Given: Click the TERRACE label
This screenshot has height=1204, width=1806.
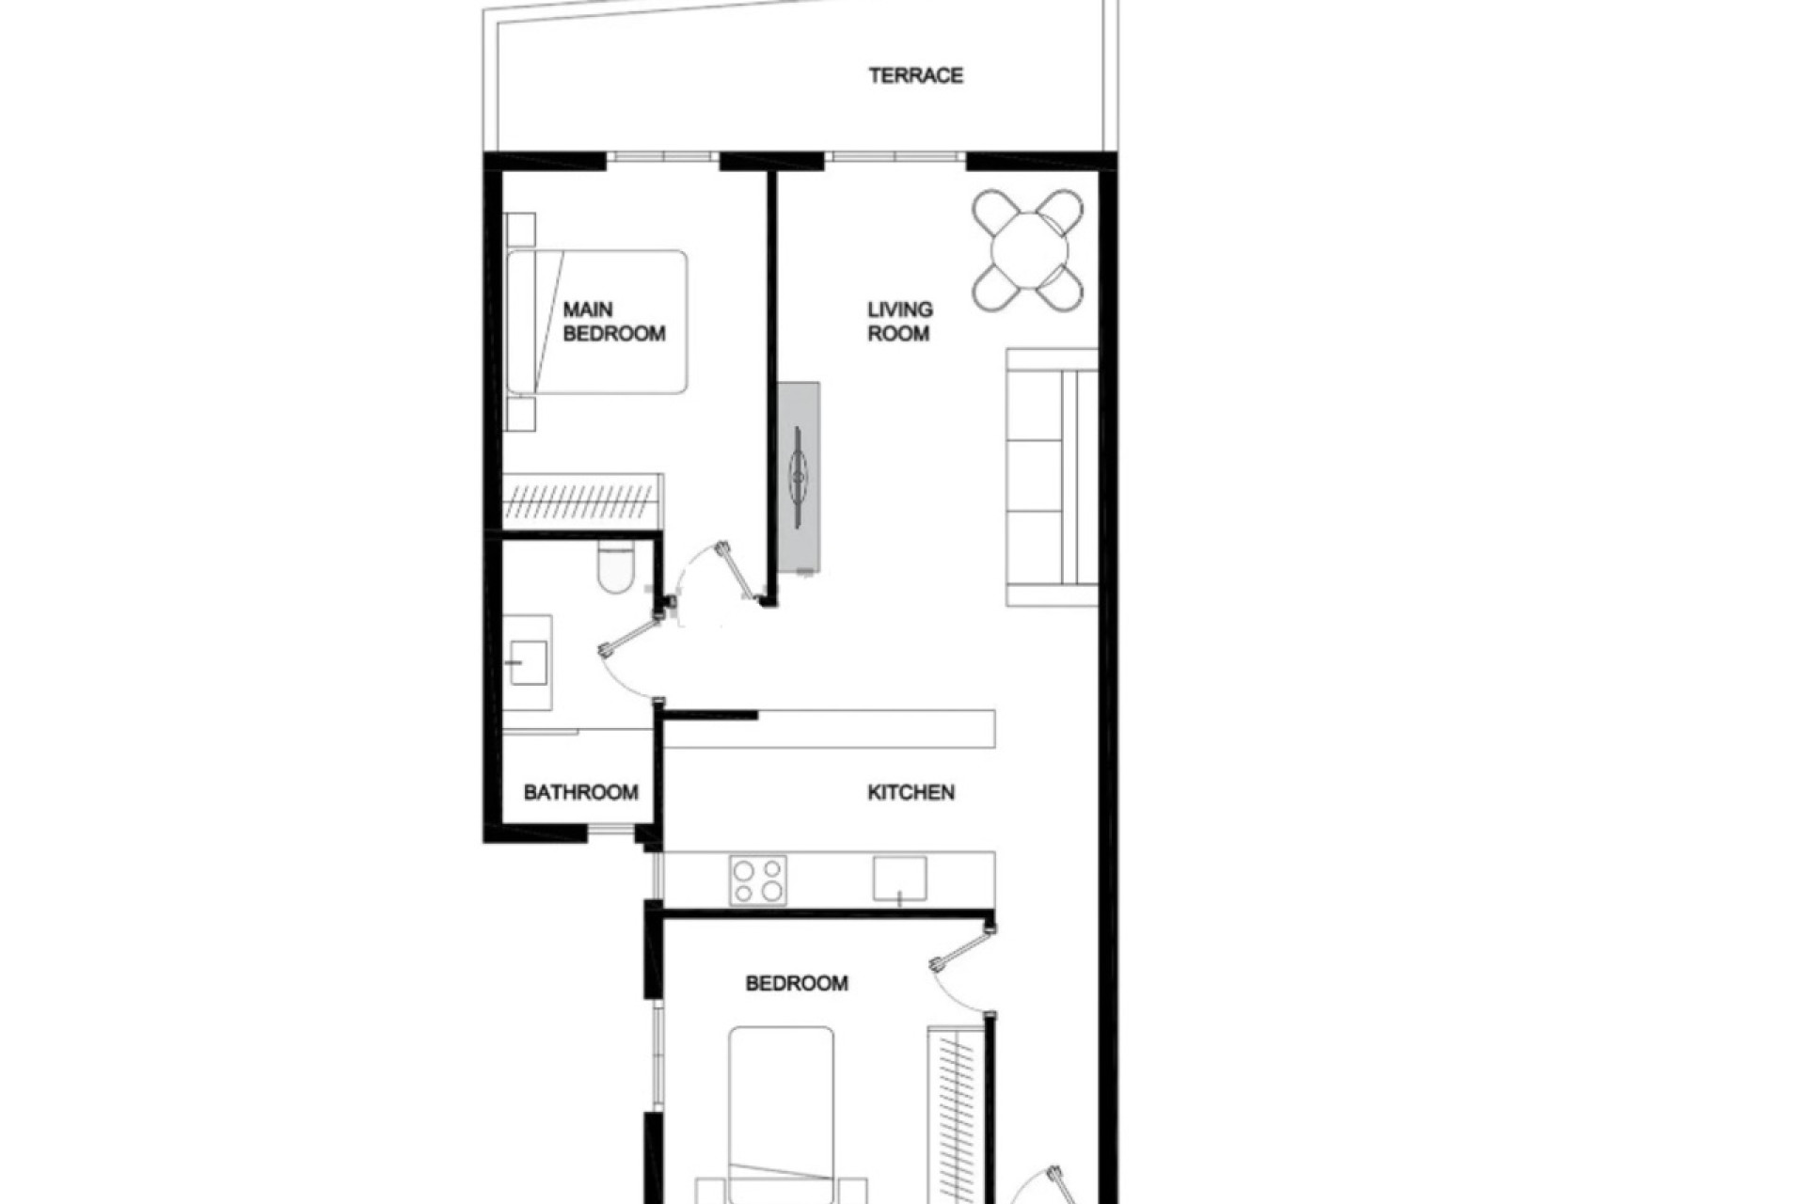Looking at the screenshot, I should pos(915,75).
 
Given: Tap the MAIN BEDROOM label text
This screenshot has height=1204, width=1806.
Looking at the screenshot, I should pos(613,322).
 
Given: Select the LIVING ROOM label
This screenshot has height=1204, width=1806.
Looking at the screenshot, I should pos(899,322).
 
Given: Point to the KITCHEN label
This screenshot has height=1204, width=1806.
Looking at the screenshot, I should pos(911,792).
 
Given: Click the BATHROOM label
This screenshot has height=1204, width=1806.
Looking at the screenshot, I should pos(580,792).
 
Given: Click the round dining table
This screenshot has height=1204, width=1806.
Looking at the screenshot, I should pos(1029,250).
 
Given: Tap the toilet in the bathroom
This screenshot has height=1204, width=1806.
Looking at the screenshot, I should pos(616,568).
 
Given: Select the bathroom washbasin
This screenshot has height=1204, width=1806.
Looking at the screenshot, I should pos(528,662).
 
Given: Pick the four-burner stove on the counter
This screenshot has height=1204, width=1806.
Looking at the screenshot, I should pos(758,879).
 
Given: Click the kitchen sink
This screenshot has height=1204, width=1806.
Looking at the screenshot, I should pos(899,879).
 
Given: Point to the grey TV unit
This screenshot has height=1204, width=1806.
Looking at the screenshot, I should pos(799,477).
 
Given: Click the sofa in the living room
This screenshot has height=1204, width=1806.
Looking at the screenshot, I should pos(1052,478).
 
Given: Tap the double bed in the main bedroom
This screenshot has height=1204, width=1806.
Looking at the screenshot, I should pos(597,322).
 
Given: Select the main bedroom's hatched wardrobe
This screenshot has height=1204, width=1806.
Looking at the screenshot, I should pos(582,501).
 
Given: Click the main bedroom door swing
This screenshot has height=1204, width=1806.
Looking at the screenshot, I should pos(715,576).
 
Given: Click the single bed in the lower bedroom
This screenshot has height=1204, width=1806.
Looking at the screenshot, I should pos(781,1110).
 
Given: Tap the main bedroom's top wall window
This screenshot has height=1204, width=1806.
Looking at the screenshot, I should pos(662,157).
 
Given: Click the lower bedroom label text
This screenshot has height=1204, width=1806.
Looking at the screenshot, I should pos(797,983).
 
